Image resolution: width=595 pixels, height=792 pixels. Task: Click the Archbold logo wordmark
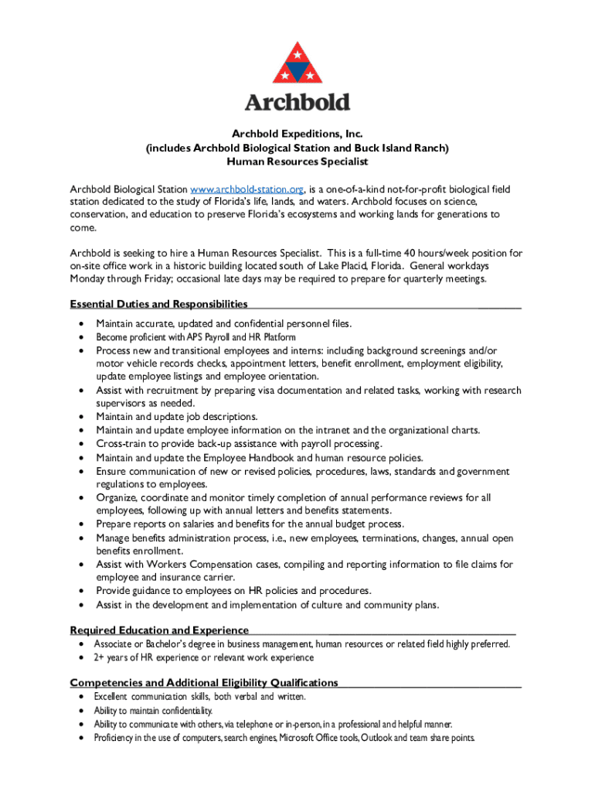[x=297, y=102]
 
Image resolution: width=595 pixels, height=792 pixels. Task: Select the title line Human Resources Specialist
[x=297, y=162]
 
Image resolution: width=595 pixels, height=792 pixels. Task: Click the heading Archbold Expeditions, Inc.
[x=297, y=135]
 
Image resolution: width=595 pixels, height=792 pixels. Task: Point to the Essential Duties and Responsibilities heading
[x=159, y=304]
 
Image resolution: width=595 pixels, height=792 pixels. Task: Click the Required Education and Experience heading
[x=159, y=630]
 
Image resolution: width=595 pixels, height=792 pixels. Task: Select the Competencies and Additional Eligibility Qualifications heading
[x=204, y=682]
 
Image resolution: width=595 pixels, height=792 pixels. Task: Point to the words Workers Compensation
[x=204, y=565]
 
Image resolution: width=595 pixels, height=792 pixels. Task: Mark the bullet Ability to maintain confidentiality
[x=153, y=710]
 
